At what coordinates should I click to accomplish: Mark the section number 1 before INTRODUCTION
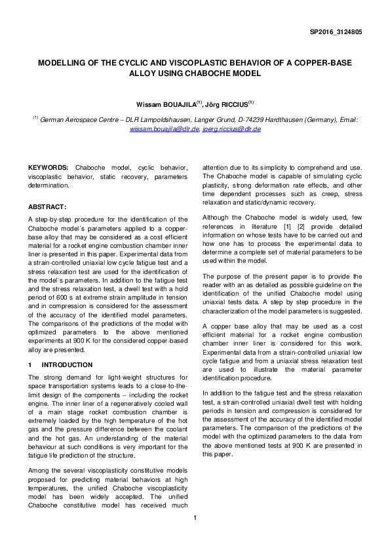coord(29,365)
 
